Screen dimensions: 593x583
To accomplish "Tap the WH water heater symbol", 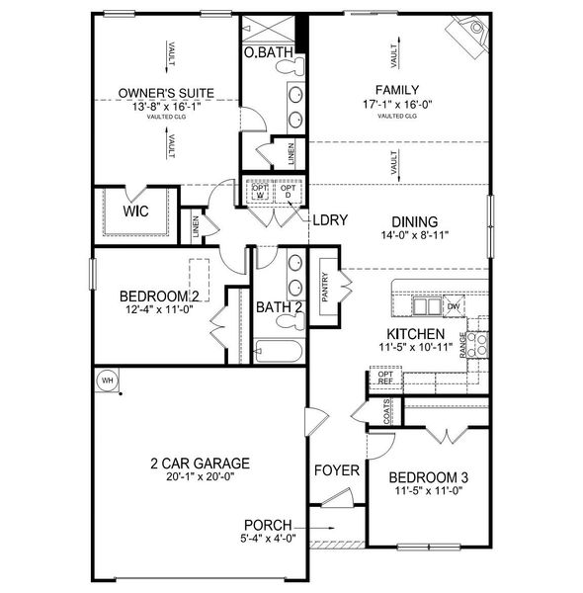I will (106, 380).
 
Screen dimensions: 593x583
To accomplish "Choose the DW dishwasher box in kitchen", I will (453, 306).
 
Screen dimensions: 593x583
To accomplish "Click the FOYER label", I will (336, 470).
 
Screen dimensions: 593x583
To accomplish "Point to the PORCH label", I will (268, 524).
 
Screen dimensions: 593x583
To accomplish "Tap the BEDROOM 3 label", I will (428, 477).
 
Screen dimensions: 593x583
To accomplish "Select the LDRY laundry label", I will (329, 219).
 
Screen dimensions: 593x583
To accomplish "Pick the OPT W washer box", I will (260, 191).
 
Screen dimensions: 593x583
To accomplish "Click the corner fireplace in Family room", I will (468, 32).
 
